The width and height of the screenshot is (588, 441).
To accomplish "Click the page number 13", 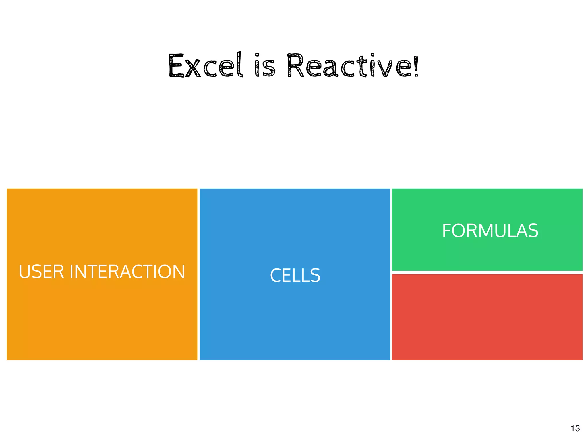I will [575, 428].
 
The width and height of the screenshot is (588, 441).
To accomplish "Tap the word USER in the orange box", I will [41, 272].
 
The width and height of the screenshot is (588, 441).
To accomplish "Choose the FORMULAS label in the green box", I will [490, 231].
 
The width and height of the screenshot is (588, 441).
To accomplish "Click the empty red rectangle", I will [487, 317].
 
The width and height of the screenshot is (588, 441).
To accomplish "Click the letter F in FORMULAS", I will [447, 231].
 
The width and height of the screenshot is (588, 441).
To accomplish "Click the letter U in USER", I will [24, 272].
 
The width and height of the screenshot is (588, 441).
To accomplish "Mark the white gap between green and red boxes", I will [487, 272].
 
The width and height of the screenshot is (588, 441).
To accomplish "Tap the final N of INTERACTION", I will [179, 272].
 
